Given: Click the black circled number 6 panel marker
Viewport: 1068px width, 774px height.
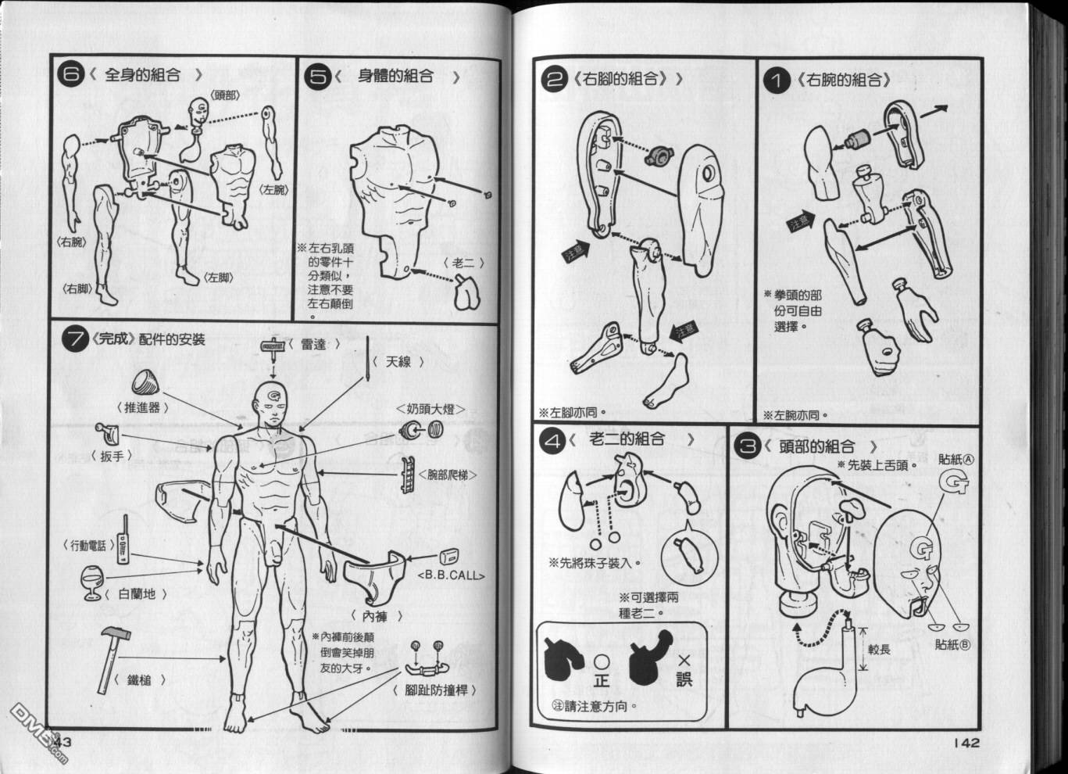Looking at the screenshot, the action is pyautogui.click(x=70, y=75).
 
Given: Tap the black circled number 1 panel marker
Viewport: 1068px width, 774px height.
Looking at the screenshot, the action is pyautogui.click(x=775, y=81).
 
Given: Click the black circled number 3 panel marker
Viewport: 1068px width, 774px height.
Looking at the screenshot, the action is pyautogui.click(x=747, y=446).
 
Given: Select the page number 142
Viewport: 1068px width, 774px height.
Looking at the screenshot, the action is pyautogui.click(x=966, y=743).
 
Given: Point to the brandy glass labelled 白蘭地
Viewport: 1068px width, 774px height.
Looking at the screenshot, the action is pyautogui.click(x=91, y=582).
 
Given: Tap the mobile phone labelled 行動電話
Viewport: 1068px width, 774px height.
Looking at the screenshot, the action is pyautogui.click(x=123, y=540).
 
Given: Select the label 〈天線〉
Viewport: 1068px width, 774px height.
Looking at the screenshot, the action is pyautogui.click(x=398, y=362).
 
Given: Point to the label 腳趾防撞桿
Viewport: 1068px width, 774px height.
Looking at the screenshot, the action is pyautogui.click(x=435, y=690).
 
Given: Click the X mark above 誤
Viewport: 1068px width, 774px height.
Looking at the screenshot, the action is pyautogui.click(x=684, y=661).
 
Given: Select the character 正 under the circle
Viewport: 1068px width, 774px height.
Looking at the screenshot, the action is pyautogui.click(x=602, y=679).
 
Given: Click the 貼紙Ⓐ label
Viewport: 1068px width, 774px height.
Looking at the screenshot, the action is pyautogui.click(x=956, y=460).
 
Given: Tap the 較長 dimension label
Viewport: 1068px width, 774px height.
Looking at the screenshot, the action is pyautogui.click(x=879, y=650).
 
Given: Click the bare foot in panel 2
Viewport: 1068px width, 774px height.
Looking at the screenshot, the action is pyautogui.click(x=665, y=382).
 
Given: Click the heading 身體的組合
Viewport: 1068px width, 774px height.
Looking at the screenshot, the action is pyautogui.click(x=395, y=76).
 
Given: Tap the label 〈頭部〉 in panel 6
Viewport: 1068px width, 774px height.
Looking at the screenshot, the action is pyautogui.click(x=224, y=95).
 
